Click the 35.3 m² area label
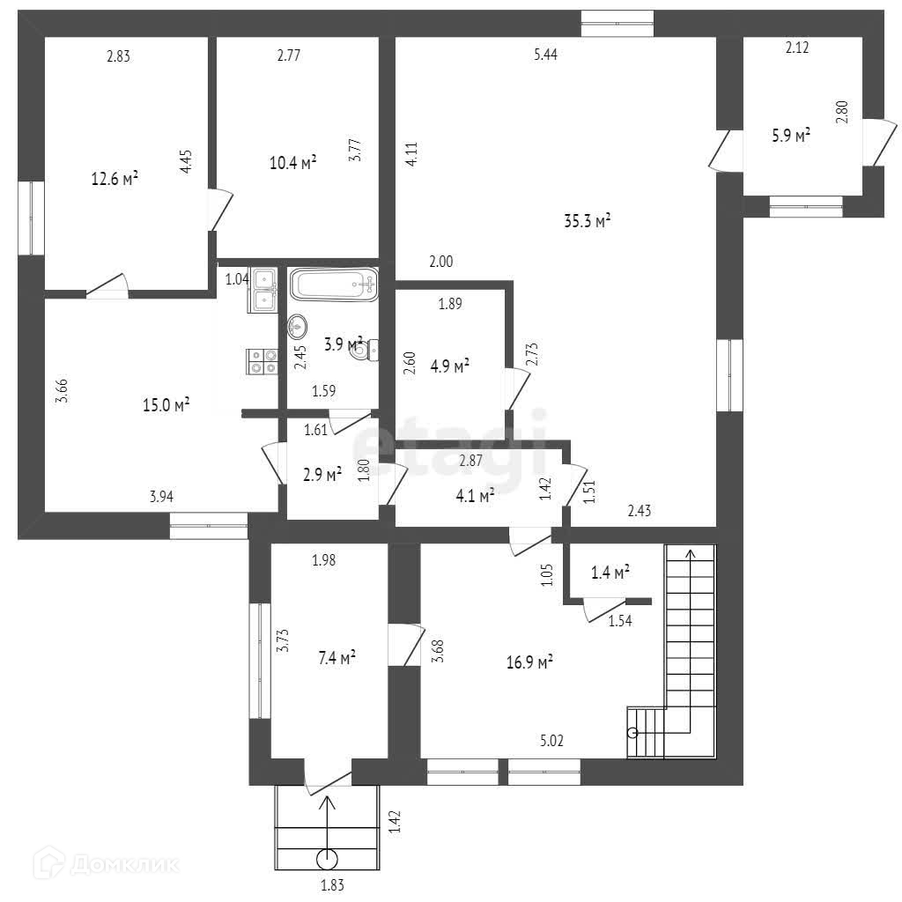(x=587, y=221)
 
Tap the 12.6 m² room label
(x=115, y=179)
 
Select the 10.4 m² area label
(x=292, y=162)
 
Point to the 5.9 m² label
(x=790, y=136)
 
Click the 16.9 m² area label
(x=529, y=662)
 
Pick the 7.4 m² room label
(x=336, y=656)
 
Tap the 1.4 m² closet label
(x=610, y=573)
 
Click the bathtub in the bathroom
(x=333, y=285)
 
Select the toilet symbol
(x=364, y=350)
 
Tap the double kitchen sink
(x=264, y=289)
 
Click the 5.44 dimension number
(x=545, y=55)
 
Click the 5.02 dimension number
(x=551, y=741)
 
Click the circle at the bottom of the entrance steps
(x=328, y=859)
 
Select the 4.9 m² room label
(x=448, y=366)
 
